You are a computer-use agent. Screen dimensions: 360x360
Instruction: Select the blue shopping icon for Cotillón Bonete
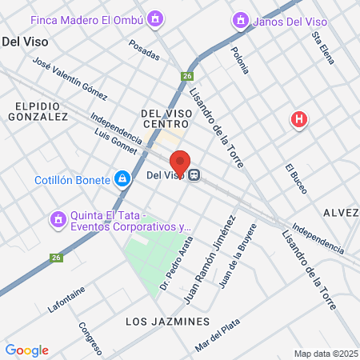(122, 180)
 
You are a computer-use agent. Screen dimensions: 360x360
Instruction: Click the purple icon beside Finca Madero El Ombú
(154, 18)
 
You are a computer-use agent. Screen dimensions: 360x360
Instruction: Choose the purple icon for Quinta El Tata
(57, 218)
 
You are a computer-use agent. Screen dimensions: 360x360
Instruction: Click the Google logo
(26, 350)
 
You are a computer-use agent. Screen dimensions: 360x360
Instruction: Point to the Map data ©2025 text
(326, 354)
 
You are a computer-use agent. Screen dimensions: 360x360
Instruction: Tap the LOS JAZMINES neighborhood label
(168, 322)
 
